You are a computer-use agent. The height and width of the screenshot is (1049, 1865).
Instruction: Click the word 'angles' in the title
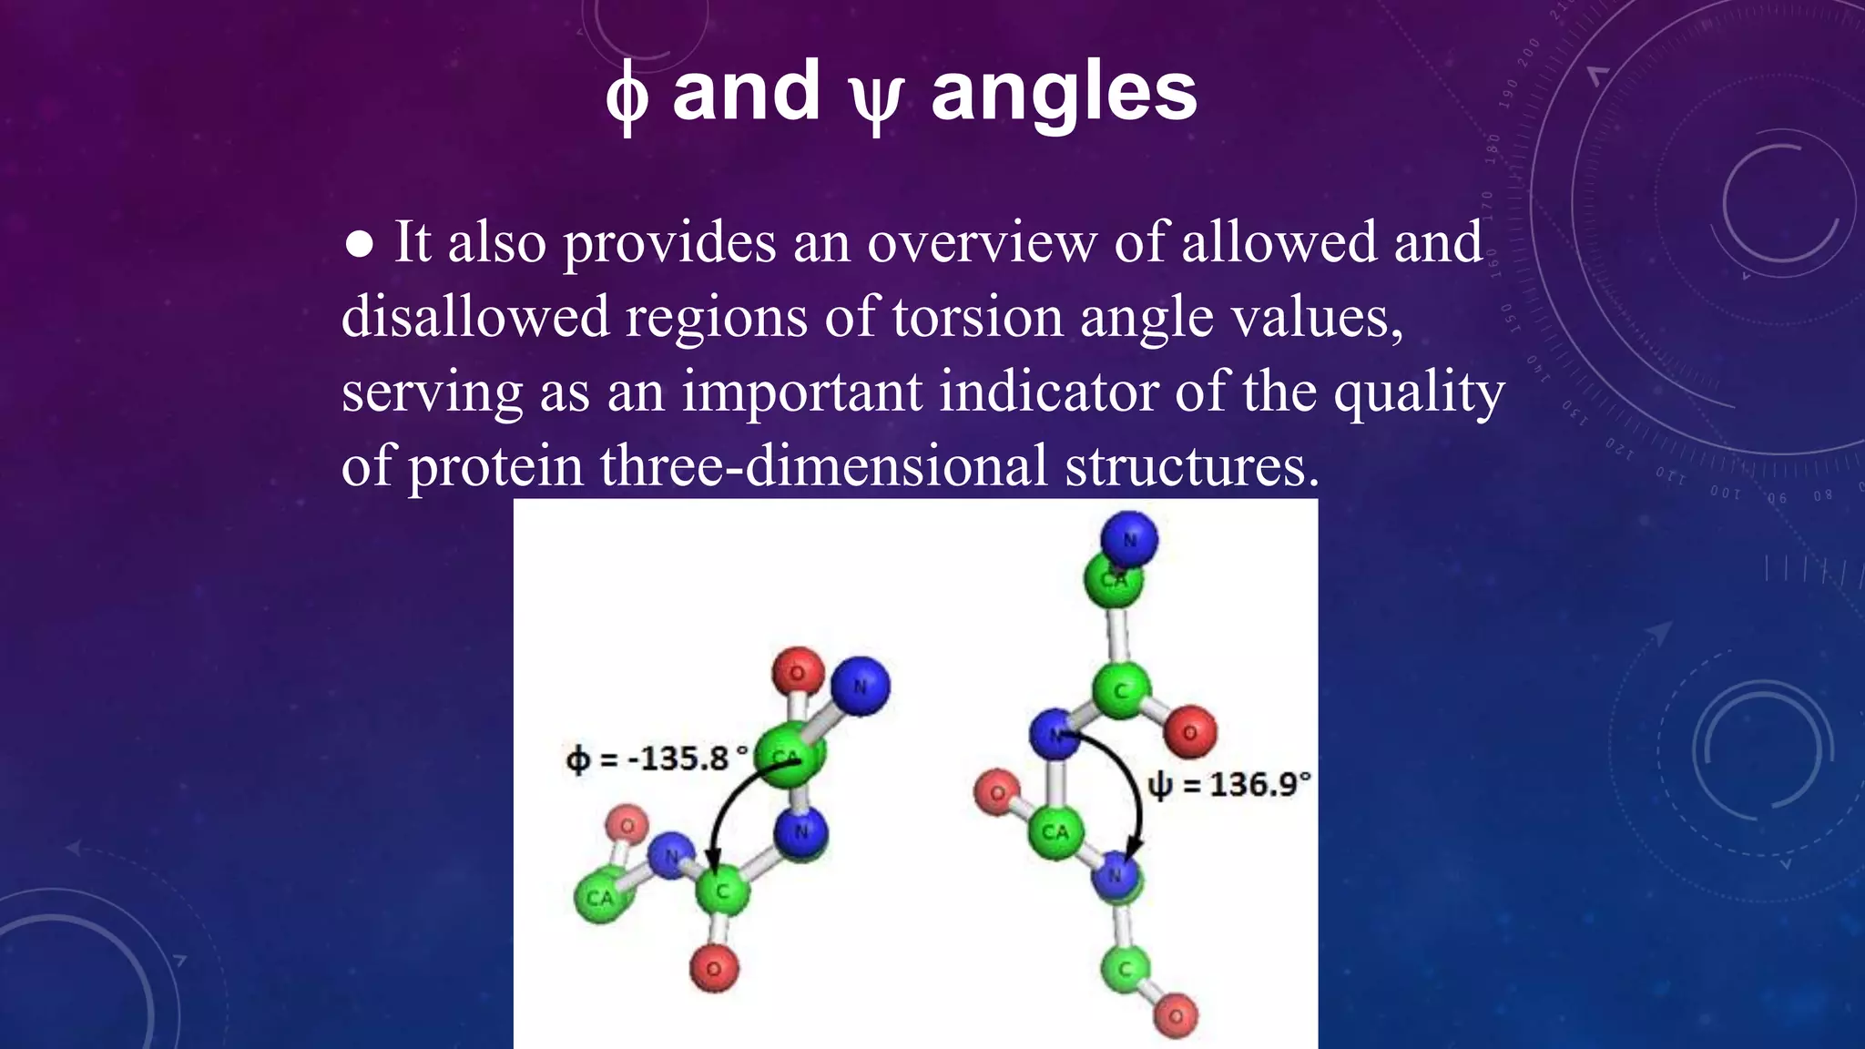[1064, 93]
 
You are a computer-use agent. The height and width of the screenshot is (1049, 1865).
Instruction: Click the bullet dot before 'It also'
[360, 244]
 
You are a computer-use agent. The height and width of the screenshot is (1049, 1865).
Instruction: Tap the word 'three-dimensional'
[823, 466]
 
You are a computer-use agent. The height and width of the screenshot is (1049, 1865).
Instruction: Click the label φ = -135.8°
[657, 759]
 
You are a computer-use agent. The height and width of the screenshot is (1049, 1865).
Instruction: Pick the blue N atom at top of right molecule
[1129, 538]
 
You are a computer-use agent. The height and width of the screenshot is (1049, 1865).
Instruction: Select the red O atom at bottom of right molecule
[1176, 1015]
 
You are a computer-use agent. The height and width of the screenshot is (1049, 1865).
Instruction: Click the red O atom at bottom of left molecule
[714, 969]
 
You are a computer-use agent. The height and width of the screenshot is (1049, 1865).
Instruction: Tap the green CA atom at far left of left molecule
[599, 897]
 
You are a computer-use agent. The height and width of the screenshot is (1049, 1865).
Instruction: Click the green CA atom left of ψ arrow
[1055, 831]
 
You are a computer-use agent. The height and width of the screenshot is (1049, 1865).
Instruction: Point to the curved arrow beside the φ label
[729, 810]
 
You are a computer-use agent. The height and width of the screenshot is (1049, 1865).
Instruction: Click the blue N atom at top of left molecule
[860, 686]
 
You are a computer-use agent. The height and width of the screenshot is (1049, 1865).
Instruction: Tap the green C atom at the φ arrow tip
[721, 891]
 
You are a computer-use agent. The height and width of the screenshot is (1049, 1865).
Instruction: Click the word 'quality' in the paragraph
[1419, 393]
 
